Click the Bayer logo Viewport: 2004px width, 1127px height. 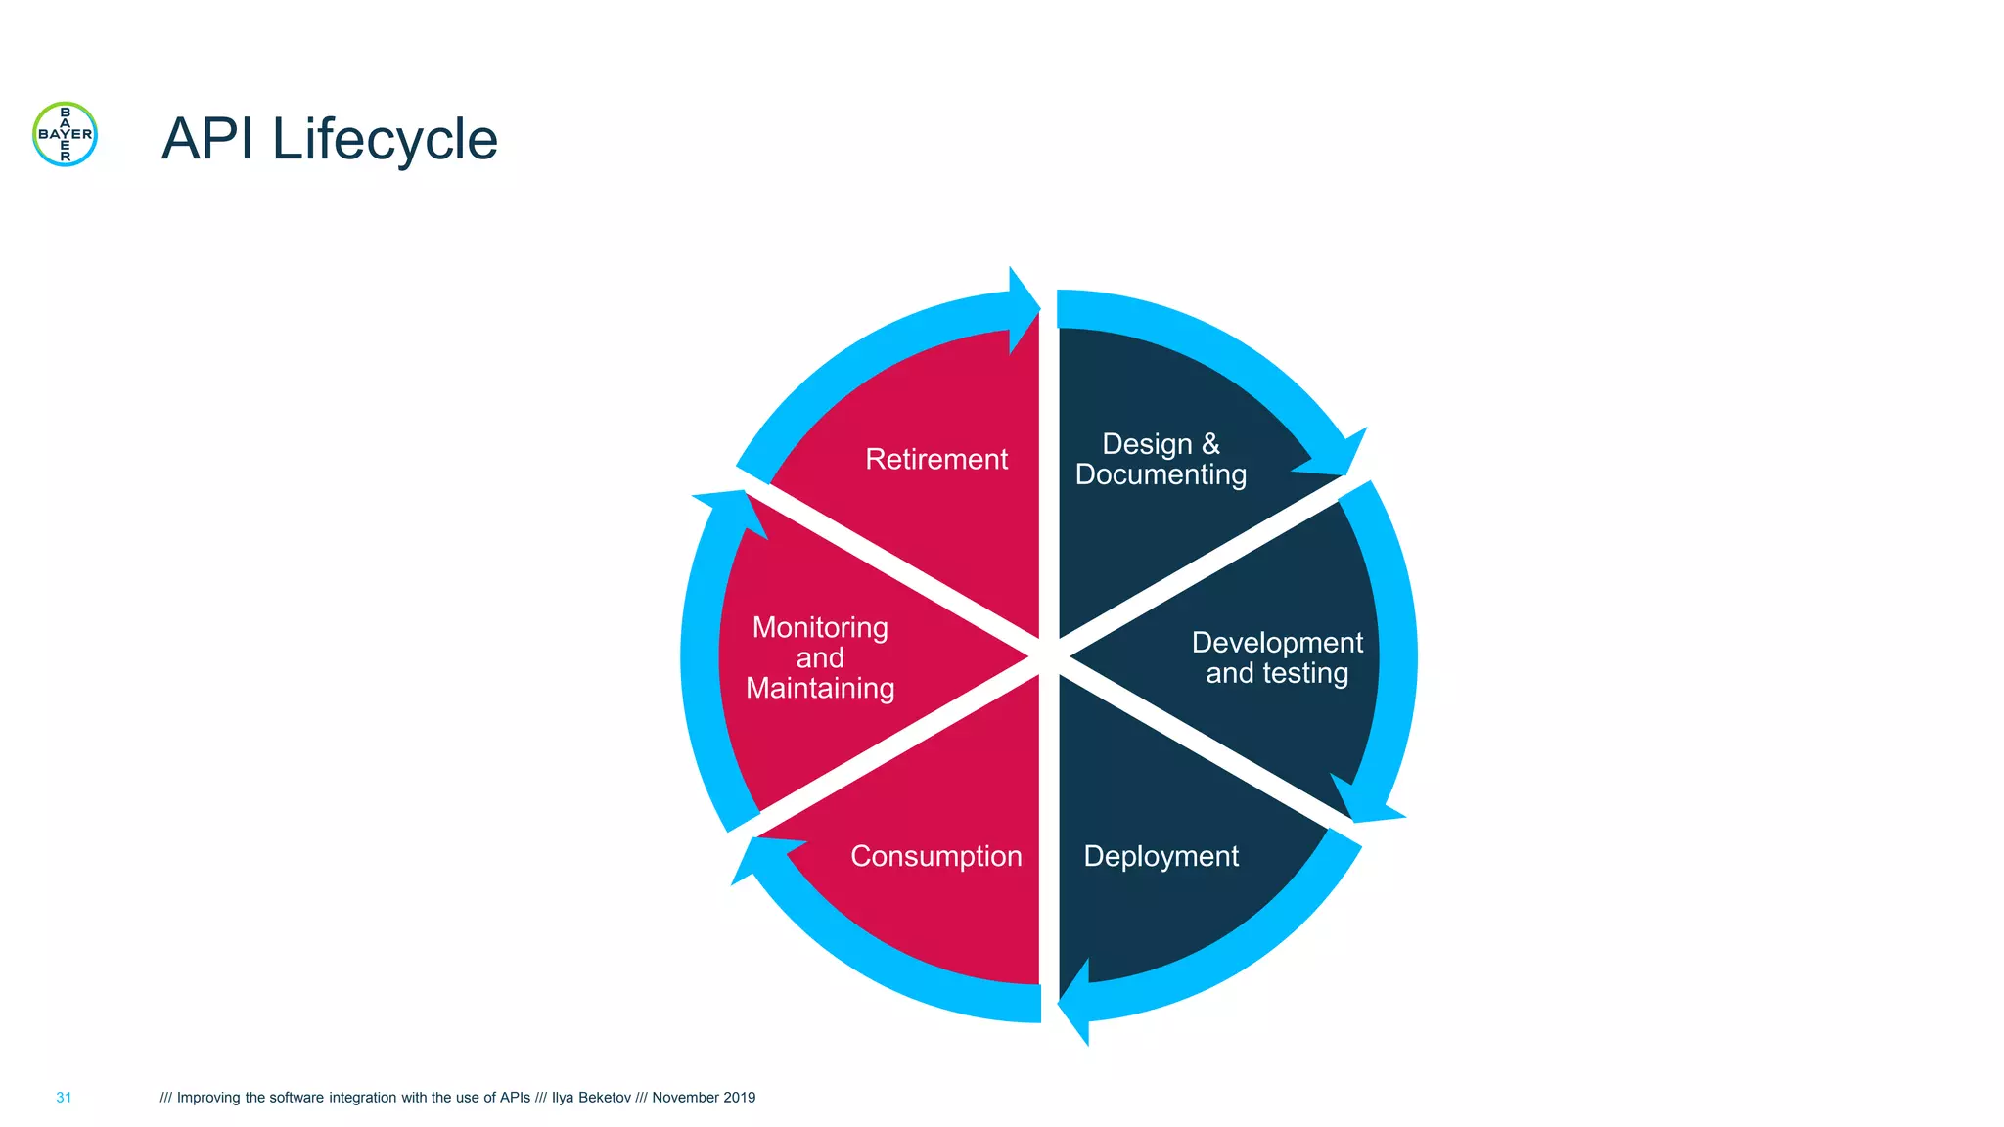tap(65, 134)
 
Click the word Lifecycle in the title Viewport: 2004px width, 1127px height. tap(385, 139)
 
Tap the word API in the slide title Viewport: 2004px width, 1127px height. tap(208, 139)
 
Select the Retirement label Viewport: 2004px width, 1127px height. tap(936, 459)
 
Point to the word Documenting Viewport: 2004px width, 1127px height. tap(1161, 474)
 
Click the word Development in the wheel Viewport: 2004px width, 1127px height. tap(1277, 643)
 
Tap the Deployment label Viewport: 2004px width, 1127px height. tap(1161, 856)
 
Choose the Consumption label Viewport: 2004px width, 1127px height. tap(936, 856)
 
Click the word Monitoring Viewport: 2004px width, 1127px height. tap(820, 627)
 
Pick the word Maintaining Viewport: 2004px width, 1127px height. tap(820, 688)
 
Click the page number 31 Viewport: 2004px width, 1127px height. tap(64, 1098)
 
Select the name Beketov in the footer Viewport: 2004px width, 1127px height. tap(605, 1098)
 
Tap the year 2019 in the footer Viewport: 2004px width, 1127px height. tap(739, 1098)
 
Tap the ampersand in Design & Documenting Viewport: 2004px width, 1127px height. tap(1210, 444)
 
